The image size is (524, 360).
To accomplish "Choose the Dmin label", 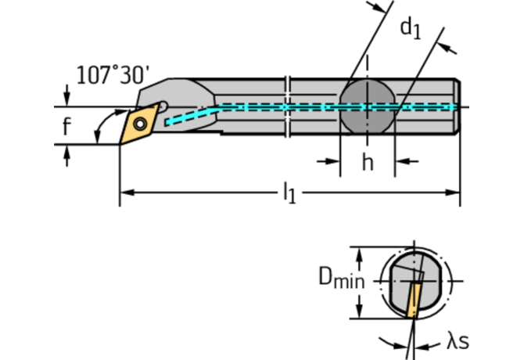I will coord(341,278).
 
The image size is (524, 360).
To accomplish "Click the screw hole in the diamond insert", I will coord(141,123).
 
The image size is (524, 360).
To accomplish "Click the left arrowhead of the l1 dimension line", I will coord(126,191).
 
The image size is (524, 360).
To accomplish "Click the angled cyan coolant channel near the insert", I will coord(188,116).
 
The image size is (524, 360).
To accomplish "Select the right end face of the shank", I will coord(458,106).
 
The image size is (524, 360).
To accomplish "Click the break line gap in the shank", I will coord(289,106).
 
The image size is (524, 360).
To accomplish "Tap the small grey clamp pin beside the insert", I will coord(163,107).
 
